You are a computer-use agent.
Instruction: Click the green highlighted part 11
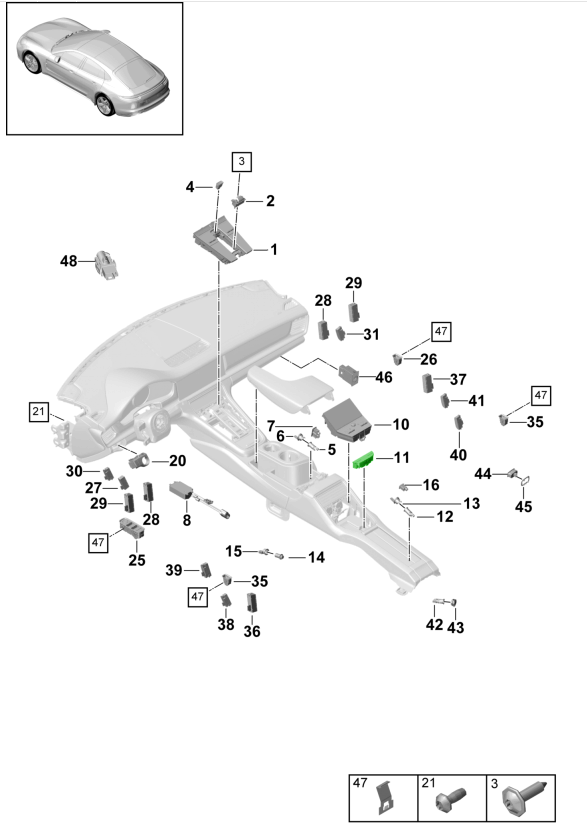[363, 460]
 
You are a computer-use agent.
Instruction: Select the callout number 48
[69, 261]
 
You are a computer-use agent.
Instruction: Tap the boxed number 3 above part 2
[241, 161]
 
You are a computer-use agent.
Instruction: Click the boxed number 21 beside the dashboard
[38, 411]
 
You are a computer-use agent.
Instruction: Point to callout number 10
[400, 424]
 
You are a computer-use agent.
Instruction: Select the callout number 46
[384, 377]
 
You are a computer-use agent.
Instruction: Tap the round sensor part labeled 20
[139, 461]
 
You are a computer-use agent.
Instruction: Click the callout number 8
[187, 520]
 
